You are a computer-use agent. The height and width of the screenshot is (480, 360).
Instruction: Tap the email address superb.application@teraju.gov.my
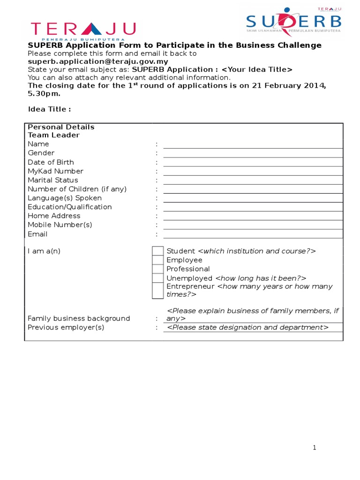[x=97, y=61]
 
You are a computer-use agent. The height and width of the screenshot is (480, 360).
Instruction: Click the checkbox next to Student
[x=158, y=251]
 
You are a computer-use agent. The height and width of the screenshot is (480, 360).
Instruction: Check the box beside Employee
[x=158, y=260]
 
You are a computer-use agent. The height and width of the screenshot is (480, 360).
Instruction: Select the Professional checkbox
[x=158, y=269]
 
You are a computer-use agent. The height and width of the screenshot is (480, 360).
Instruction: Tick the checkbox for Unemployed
[x=158, y=278]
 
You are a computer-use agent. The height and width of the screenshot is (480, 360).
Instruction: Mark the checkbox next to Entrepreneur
[x=158, y=291]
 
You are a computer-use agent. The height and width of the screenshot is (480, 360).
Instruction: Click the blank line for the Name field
[x=253, y=144]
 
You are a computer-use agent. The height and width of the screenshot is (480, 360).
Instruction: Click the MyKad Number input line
[x=253, y=172]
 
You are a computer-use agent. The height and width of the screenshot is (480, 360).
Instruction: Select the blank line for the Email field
[x=253, y=234]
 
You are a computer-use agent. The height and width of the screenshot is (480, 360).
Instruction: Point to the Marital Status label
[x=53, y=180]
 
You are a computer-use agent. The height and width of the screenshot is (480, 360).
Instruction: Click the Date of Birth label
[x=51, y=162]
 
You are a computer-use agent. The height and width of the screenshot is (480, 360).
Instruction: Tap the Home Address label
[x=54, y=216]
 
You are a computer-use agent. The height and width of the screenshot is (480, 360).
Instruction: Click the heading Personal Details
[x=61, y=127]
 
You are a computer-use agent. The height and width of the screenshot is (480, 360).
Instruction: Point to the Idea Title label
[x=49, y=109]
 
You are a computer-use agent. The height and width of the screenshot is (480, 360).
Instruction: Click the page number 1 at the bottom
[x=315, y=448]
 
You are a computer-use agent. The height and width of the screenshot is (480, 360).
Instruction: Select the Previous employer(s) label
[x=66, y=327]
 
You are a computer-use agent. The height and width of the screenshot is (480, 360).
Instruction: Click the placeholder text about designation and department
[x=247, y=327]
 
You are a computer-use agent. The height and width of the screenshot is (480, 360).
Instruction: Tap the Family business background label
[x=79, y=318]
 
